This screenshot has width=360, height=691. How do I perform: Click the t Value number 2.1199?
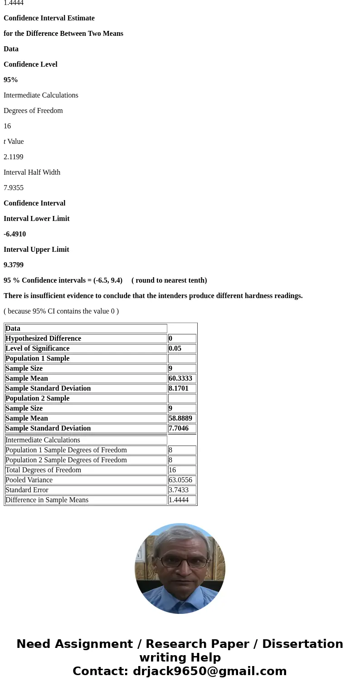(x=14, y=157)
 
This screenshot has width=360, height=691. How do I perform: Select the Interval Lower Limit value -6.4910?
(x=15, y=234)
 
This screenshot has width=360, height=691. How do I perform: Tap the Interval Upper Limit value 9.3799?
(x=14, y=265)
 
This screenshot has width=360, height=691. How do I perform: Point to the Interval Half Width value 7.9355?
(x=14, y=188)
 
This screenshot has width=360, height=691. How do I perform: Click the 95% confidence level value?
(x=11, y=80)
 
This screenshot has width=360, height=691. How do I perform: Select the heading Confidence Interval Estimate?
(x=49, y=18)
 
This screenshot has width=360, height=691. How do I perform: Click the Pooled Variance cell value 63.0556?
(x=180, y=480)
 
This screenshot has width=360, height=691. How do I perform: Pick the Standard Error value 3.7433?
(x=178, y=490)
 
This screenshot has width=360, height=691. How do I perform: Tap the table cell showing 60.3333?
(x=180, y=378)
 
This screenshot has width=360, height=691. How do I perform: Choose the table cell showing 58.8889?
(x=180, y=418)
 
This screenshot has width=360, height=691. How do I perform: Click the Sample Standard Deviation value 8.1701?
(x=179, y=388)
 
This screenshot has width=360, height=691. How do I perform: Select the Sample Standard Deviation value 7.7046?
(x=179, y=428)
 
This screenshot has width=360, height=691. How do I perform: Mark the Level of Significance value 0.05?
(x=175, y=348)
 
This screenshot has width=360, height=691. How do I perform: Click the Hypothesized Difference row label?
(x=44, y=338)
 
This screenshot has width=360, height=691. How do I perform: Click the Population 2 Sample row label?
(x=38, y=398)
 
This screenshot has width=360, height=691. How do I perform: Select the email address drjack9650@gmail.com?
(x=209, y=671)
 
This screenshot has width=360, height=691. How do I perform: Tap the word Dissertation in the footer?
(x=302, y=644)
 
